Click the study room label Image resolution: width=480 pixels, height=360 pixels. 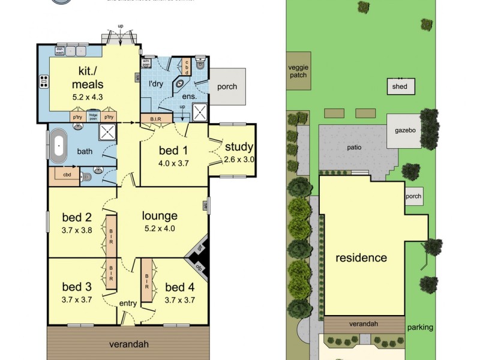click(x=239, y=147)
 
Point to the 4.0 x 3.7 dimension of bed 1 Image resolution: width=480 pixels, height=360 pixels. click(x=173, y=163)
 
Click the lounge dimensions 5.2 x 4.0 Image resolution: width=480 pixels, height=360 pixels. click(x=160, y=228)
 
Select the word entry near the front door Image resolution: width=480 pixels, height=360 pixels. click(x=128, y=303)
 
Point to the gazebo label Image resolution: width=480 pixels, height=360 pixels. click(x=406, y=130)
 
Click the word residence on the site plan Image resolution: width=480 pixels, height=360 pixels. click(x=361, y=258)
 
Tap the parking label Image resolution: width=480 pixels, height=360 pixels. click(x=419, y=328)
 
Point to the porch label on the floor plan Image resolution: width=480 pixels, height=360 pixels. click(x=227, y=86)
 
